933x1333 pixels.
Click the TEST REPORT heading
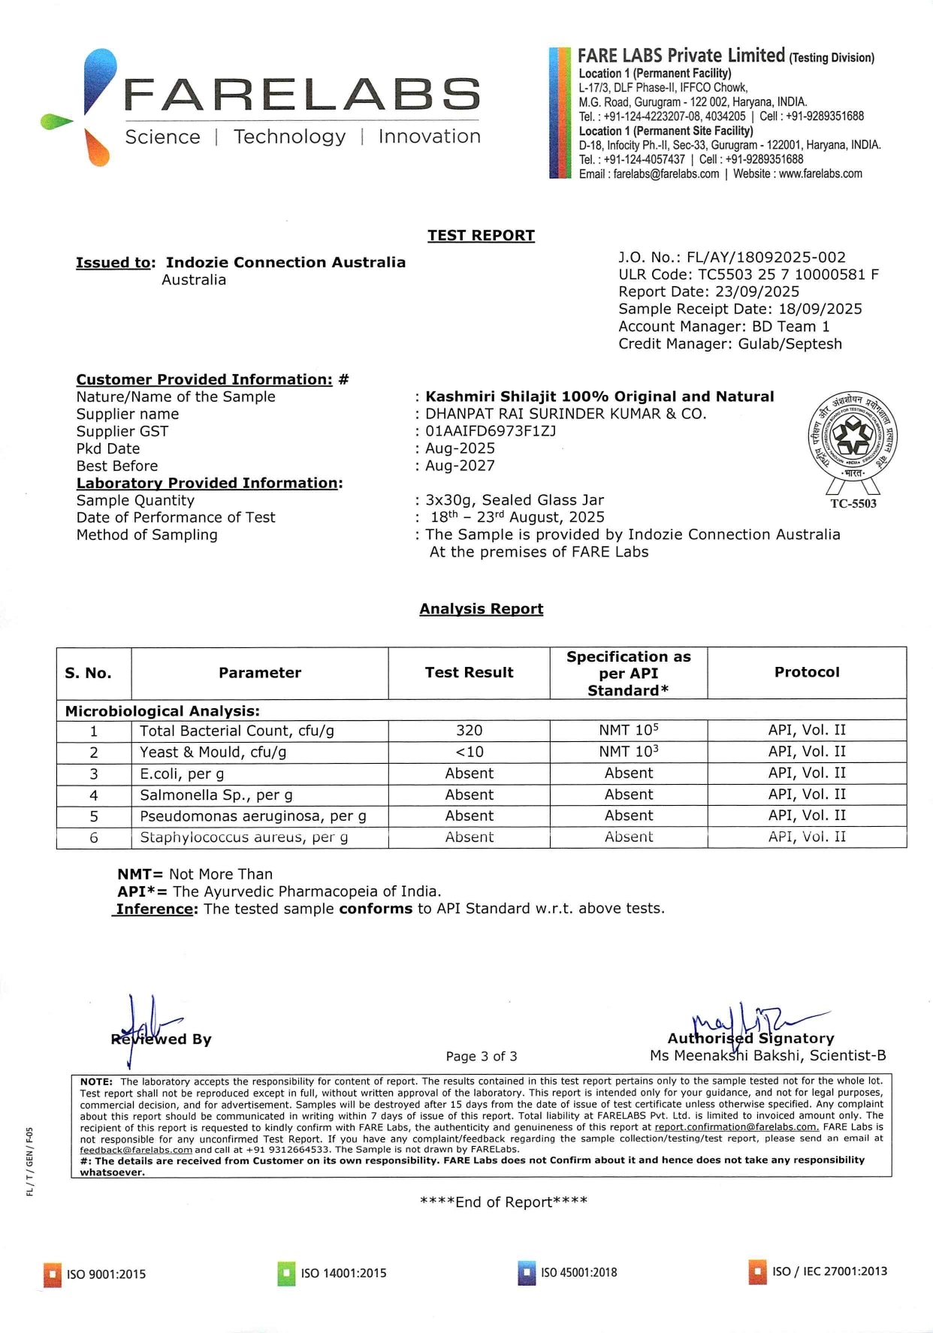point(481,236)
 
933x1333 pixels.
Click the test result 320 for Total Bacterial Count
point(469,731)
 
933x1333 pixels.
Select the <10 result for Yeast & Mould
point(469,752)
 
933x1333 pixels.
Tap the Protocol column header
point(807,672)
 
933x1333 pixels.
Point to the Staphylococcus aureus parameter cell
point(243,837)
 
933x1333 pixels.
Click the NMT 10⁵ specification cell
point(628,730)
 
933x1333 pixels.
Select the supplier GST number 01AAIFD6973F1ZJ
point(491,431)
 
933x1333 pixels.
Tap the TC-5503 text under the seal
point(853,503)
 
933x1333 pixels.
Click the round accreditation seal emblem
point(853,436)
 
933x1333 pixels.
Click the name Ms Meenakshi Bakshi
point(767,1056)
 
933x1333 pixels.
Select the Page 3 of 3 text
point(481,1057)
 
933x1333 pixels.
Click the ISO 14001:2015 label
point(343,1274)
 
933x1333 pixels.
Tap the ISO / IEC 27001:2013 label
point(829,1271)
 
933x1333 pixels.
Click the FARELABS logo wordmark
point(300,95)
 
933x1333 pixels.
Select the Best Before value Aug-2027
point(460,466)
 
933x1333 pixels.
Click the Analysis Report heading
point(481,609)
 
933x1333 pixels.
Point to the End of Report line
point(503,1202)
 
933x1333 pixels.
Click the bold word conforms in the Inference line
point(376,909)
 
